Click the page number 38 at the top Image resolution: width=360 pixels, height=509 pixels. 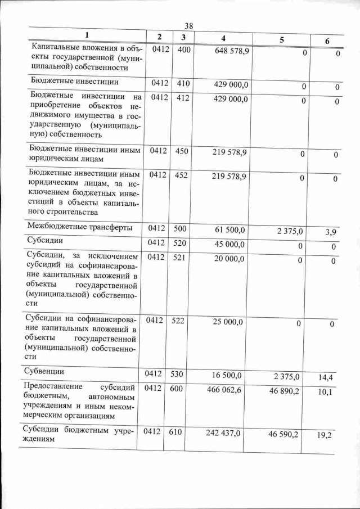point(189,26)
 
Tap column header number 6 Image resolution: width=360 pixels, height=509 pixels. point(327,40)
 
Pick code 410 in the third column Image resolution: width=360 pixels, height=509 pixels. point(183,84)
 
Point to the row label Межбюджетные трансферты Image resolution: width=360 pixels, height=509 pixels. point(80,228)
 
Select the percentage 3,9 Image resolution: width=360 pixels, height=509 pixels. point(330,232)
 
